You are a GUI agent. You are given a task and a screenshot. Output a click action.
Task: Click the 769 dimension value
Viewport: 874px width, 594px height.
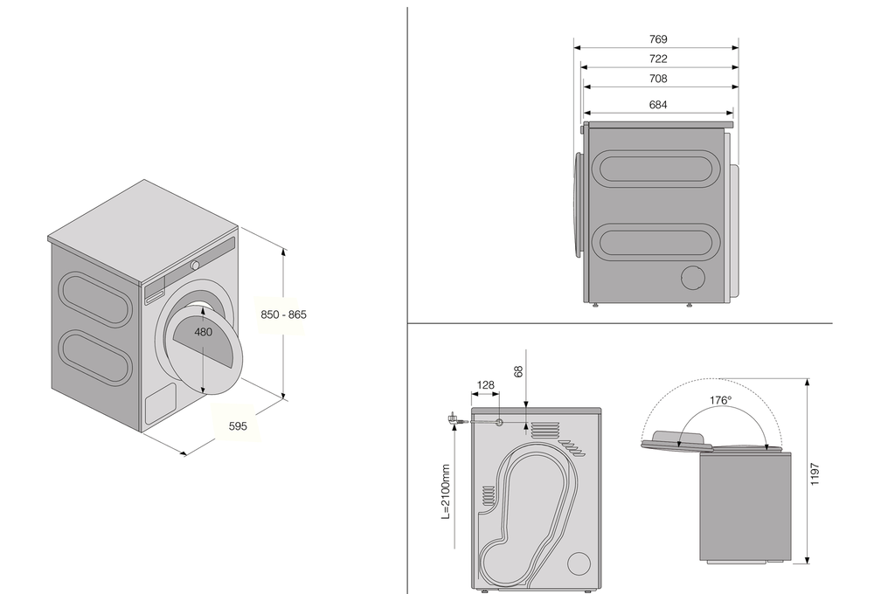[658, 39]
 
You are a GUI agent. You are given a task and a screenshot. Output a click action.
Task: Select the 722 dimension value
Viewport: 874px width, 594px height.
[658, 59]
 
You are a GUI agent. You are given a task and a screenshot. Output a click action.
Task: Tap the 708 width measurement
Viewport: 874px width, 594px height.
[658, 79]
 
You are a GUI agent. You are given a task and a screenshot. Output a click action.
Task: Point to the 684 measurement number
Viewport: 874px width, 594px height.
[658, 105]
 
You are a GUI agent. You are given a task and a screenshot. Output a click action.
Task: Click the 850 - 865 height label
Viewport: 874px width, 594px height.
[284, 314]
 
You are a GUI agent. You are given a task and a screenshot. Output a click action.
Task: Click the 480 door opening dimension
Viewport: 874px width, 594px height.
[204, 332]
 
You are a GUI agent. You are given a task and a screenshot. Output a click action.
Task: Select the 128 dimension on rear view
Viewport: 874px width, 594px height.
[487, 385]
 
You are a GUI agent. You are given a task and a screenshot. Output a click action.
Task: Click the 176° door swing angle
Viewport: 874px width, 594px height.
[720, 400]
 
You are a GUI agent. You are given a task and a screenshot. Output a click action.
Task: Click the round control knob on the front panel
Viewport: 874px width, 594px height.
[196, 264]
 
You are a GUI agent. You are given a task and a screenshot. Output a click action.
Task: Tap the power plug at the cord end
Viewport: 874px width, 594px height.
[453, 420]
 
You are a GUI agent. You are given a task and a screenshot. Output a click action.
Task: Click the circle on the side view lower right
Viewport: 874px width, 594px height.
[694, 277]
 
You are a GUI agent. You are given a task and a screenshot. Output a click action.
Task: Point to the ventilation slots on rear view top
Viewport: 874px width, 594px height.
[545, 428]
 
